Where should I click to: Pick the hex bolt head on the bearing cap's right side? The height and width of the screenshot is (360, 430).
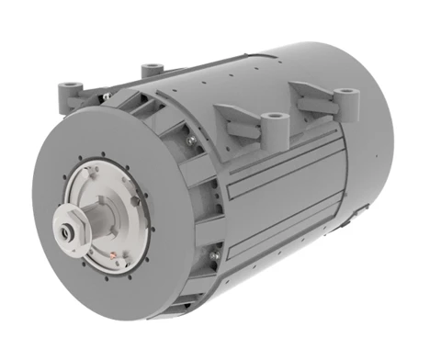(135, 197)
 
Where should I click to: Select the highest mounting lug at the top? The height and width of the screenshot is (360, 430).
(153, 69)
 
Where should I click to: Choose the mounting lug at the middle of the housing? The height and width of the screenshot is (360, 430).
(274, 119)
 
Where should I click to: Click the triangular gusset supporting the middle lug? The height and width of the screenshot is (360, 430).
(234, 119)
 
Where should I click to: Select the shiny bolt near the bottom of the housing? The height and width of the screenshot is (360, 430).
(214, 254)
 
